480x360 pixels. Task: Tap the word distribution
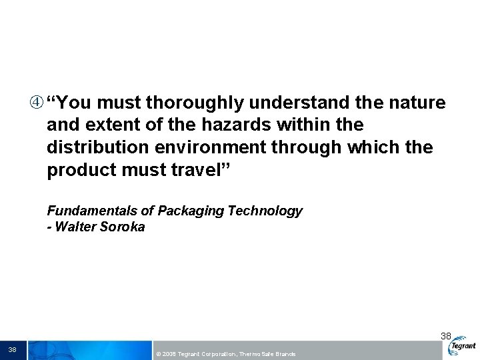(x=93, y=147)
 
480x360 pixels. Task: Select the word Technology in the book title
(x=265, y=211)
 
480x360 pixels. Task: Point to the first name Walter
(x=76, y=227)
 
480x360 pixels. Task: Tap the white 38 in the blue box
(x=12, y=349)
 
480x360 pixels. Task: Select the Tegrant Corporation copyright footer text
(x=225, y=354)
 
